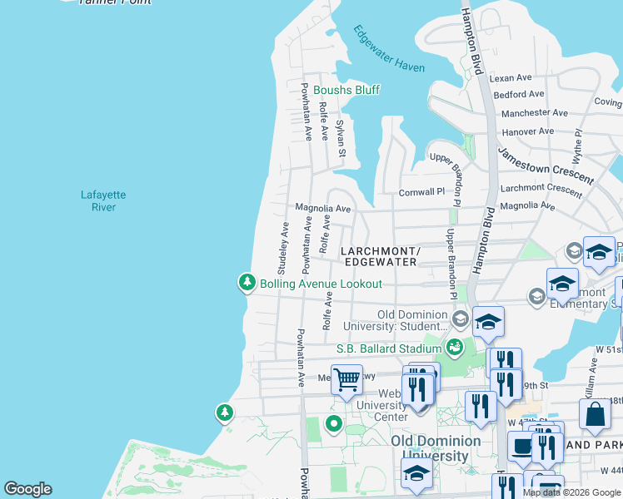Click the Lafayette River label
coord(103,200)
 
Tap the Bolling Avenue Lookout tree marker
coord(247,284)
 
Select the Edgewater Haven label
coord(388,50)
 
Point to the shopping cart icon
coord(347,380)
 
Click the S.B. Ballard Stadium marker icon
coord(454,348)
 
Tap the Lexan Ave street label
coord(511,78)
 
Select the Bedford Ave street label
coord(519,95)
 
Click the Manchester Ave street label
coord(535,112)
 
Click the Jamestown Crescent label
coord(546,166)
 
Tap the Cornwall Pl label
coord(422,191)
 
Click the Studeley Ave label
coord(283,248)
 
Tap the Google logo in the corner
coord(27,489)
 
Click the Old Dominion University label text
coord(436,448)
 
